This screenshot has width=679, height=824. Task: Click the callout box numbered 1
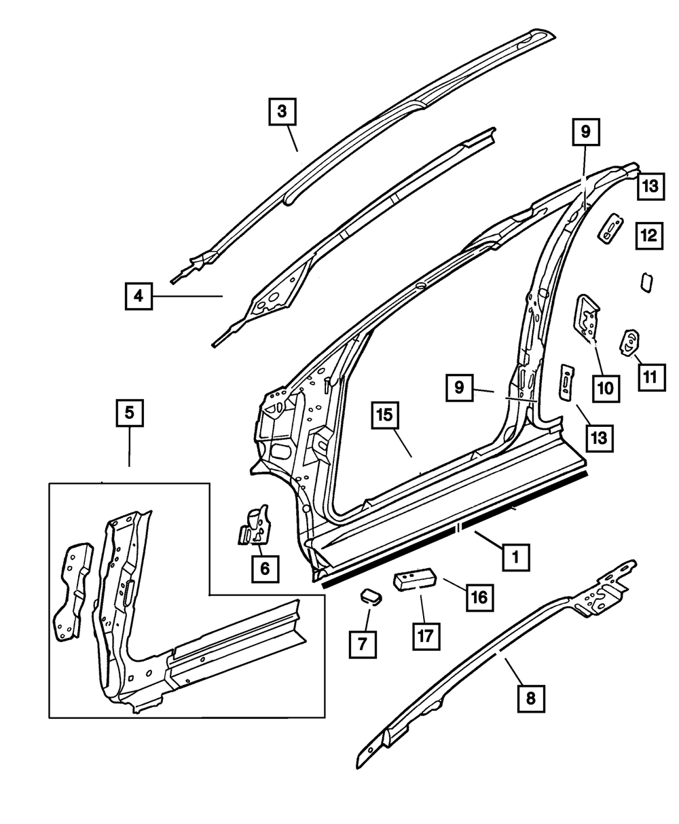[x=516, y=558]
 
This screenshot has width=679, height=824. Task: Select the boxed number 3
[x=282, y=111]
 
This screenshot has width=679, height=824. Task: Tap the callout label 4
[x=139, y=296]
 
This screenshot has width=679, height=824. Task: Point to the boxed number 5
[x=130, y=413]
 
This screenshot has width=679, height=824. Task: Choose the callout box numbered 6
[x=264, y=567]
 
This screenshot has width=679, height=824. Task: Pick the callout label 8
[x=531, y=697]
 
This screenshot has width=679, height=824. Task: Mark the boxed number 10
[x=604, y=388]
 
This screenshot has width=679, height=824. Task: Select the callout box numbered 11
[x=650, y=375]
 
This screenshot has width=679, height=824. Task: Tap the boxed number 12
[x=650, y=236]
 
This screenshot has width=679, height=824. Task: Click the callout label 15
[x=386, y=415]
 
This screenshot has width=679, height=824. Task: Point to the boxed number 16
[x=479, y=597]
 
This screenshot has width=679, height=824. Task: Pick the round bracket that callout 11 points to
[x=629, y=342]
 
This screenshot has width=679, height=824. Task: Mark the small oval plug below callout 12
[x=646, y=282]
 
